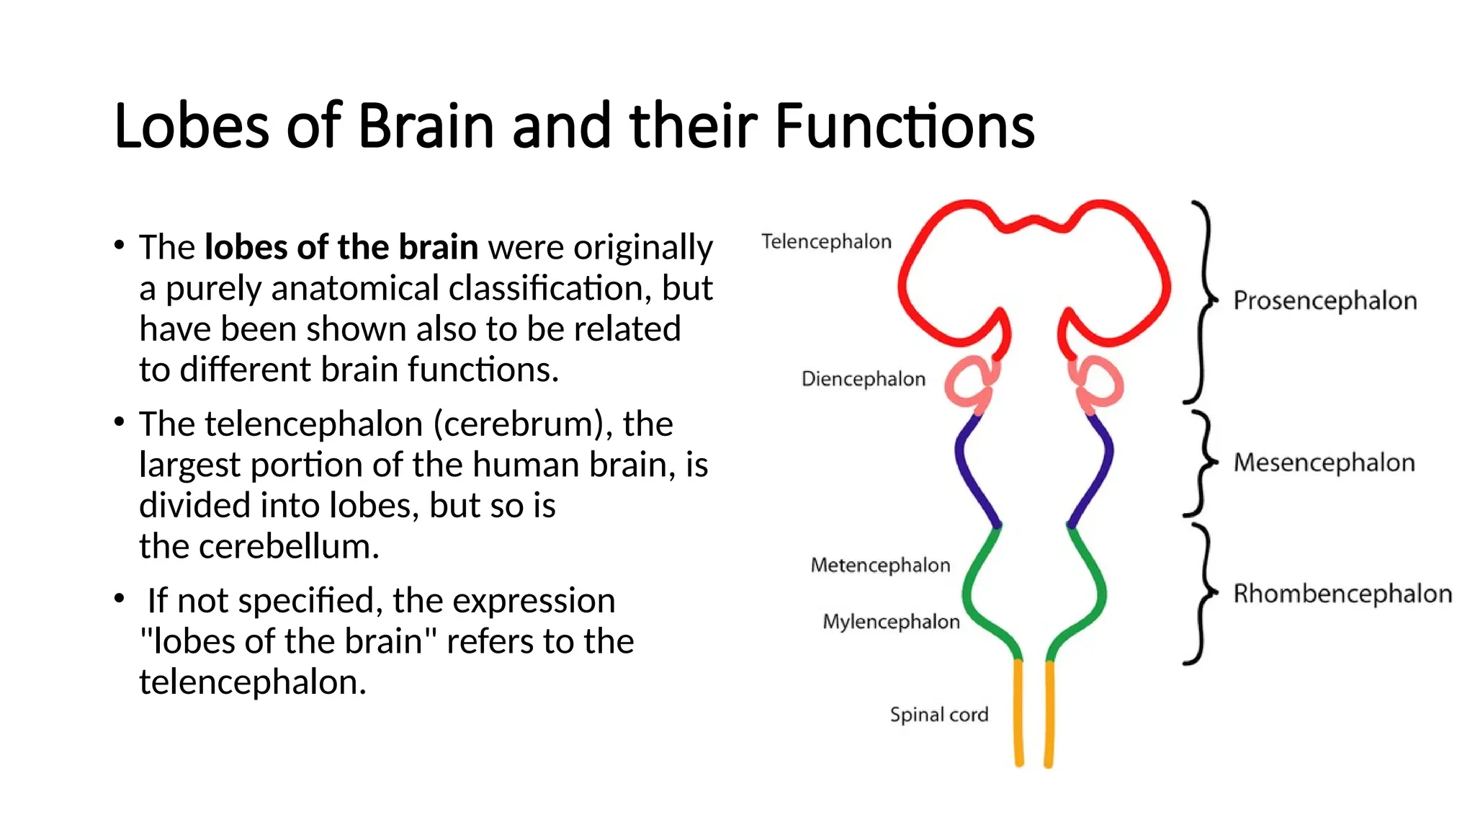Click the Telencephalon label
point(826,241)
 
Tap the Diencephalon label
point(863,379)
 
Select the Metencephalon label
point(880,565)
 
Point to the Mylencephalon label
point(891,622)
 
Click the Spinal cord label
point(938,715)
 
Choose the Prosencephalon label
point(1324,300)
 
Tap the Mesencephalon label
point(1324,463)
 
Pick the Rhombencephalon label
point(1342,594)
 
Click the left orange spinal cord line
point(1018,713)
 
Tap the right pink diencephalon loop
point(1098,383)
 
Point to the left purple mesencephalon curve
point(972,468)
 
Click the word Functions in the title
point(905,126)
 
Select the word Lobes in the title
point(192,126)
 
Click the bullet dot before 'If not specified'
point(120,599)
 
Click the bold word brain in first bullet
point(438,247)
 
